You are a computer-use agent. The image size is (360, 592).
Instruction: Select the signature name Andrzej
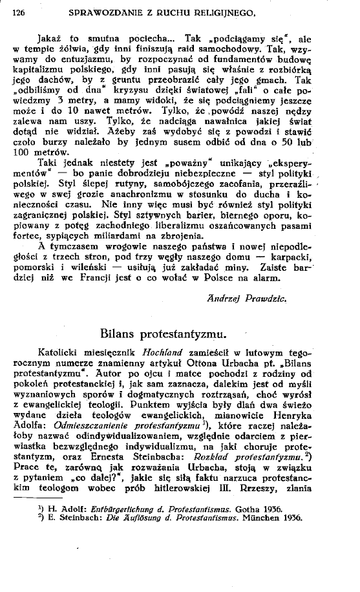coord(227,299)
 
